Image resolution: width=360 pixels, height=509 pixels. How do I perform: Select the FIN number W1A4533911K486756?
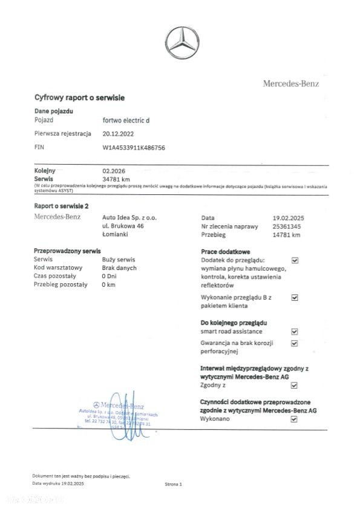click(x=134, y=147)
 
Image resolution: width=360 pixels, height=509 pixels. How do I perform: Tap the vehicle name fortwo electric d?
click(x=126, y=120)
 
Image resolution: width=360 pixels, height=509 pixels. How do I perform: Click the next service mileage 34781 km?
click(x=117, y=179)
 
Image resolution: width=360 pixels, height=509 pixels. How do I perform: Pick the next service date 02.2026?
click(x=114, y=171)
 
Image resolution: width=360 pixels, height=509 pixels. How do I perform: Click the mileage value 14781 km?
click(x=287, y=235)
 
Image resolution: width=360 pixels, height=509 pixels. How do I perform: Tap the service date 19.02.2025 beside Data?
click(x=291, y=217)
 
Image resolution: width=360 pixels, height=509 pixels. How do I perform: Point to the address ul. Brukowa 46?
click(x=123, y=226)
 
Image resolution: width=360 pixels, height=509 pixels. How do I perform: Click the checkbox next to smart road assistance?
click(x=295, y=332)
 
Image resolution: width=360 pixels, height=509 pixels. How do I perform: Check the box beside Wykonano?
click(x=295, y=418)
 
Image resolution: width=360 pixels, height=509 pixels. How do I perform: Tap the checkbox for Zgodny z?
click(x=295, y=384)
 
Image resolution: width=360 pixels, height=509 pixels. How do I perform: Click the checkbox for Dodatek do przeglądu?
click(x=295, y=260)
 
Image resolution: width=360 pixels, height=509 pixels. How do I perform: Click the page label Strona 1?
click(x=172, y=484)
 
